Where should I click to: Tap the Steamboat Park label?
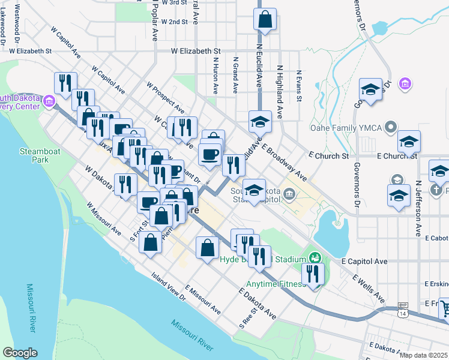tap(41, 156)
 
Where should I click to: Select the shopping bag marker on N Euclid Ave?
tap(265, 19)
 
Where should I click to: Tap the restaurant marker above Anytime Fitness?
tap(313, 274)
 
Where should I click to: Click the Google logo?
tap(20, 353)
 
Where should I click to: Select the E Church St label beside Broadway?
tap(328, 155)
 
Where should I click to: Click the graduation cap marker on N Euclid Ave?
tap(261, 122)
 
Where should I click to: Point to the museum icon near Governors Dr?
tap(405, 83)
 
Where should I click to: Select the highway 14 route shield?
tap(402, 313)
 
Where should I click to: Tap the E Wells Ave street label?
tap(369, 288)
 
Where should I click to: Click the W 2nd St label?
tap(175, 22)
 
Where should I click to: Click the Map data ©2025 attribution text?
tap(424, 355)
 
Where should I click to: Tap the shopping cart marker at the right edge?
tap(444, 308)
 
